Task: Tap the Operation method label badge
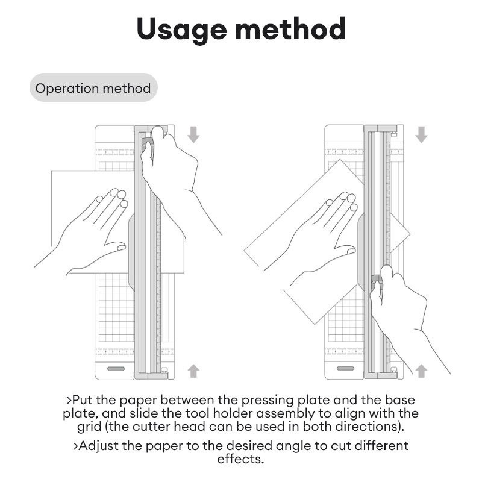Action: pyautogui.click(x=93, y=89)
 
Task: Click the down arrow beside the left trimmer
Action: pyautogui.click(x=193, y=134)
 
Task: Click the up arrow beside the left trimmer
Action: pyautogui.click(x=193, y=370)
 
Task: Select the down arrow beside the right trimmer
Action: pyautogui.click(x=421, y=134)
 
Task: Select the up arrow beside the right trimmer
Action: pyautogui.click(x=421, y=370)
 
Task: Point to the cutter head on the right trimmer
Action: pyautogui.click(x=375, y=280)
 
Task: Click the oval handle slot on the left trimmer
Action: pyautogui.click(x=116, y=368)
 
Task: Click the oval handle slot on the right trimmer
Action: pyautogui.click(x=345, y=368)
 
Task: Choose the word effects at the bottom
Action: pyautogui.click(x=240, y=459)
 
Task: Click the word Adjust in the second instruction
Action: pyautogui.click(x=96, y=446)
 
